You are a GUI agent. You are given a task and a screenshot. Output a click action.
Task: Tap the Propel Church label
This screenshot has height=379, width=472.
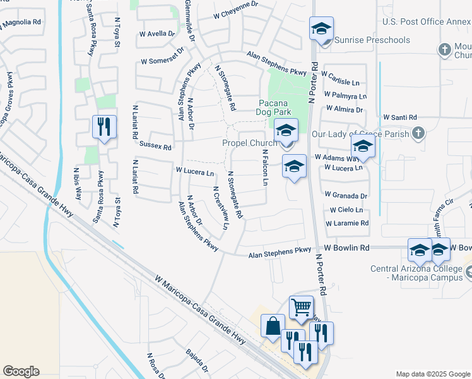click(x=250, y=143)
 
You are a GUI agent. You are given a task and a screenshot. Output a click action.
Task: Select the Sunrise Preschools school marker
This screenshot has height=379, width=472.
click(x=321, y=29)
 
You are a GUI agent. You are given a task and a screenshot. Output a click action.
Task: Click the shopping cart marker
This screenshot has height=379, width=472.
click(x=302, y=308)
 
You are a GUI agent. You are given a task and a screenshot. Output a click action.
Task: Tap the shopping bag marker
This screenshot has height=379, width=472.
click(x=273, y=326)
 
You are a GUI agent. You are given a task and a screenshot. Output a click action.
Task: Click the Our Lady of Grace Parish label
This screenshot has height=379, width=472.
click(x=360, y=134)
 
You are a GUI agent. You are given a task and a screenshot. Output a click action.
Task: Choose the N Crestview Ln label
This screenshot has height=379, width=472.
click(x=220, y=208)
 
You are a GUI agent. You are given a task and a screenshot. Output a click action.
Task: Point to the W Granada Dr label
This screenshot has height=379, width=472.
click(x=346, y=196)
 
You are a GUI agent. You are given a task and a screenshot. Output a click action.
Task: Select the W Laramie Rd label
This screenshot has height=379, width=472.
click(x=347, y=224)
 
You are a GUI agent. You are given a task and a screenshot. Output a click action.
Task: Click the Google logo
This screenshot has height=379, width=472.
click(x=21, y=371)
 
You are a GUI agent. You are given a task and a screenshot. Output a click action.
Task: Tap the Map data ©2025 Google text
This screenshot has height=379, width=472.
click(x=432, y=374)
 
